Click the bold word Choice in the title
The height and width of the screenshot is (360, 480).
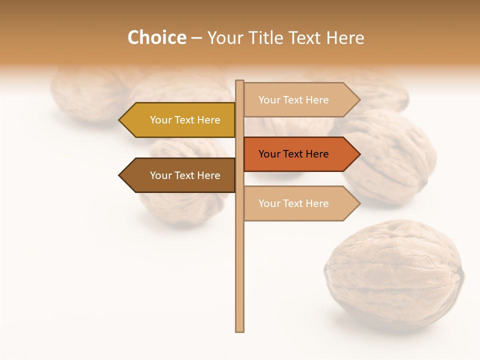click(156, 37)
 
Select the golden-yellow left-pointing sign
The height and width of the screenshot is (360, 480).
click(180, 120)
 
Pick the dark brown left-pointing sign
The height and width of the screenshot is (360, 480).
click(180, 175)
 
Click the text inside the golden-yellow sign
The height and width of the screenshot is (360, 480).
click(185, 120)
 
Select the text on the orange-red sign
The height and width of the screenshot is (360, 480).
click(293, 154)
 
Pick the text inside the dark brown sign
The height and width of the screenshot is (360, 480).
click(185, 175)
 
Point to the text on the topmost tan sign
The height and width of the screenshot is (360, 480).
click(293, 100)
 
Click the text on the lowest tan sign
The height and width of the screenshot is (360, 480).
click(293, 203)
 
